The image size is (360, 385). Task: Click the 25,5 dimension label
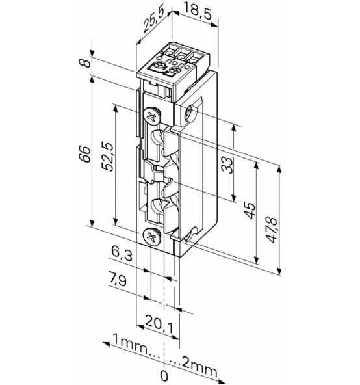point(153,22)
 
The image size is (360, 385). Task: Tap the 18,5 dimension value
point(197,12)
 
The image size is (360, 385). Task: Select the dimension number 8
point(85,62)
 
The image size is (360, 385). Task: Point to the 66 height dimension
point(85,154)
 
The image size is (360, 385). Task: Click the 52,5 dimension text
point(108,156)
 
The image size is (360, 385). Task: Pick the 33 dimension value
point(227,165)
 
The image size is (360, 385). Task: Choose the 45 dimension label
point(250,210)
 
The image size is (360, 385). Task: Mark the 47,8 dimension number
point(272,230)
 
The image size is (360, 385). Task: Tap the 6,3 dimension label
point(122,253)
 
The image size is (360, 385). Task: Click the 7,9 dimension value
point(118,280)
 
